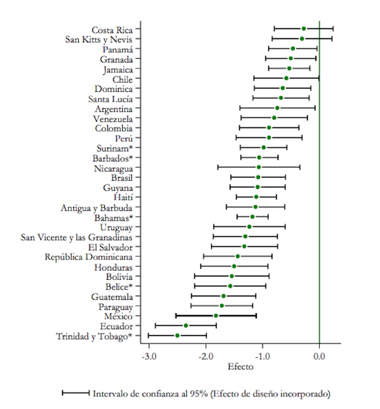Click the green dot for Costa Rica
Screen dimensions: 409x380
pos(304,28)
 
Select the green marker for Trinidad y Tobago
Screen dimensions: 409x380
pos(177,336)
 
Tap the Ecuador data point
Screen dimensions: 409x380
pos(186,325)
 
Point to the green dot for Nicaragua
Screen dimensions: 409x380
pos(258,167)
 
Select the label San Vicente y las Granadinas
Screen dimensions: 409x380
pos(77,237)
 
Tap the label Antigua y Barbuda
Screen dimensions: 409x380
pos(97,207)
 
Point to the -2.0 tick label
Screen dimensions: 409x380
pos(206,356)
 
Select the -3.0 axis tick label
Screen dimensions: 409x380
pos(149,356)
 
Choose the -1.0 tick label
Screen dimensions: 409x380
pos(263,356)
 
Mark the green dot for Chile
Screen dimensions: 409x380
pos(286,78)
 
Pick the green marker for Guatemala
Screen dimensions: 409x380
pos(224,296)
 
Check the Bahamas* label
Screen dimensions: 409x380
pos(113,217)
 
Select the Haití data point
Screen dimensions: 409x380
pos(256,197)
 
